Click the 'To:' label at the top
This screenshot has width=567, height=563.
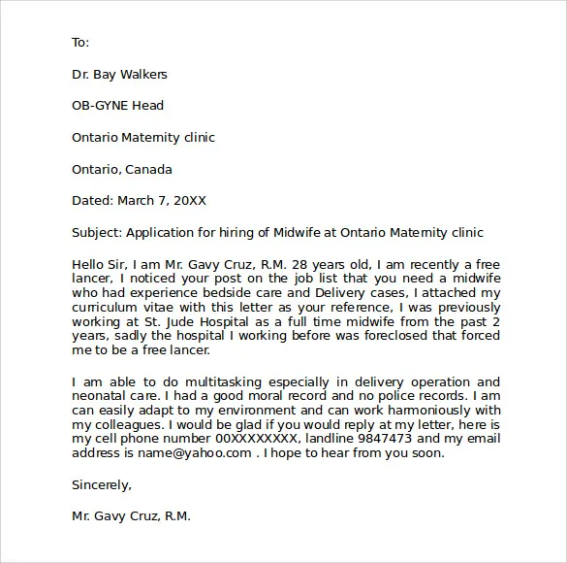(80, 42)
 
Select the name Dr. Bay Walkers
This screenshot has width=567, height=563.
(118, 74)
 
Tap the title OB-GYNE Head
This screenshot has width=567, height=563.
(117, 106)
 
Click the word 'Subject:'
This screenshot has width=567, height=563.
(96, 233)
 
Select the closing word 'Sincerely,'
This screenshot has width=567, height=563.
(102, 484)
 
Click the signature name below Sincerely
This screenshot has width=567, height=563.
(131, 516)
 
